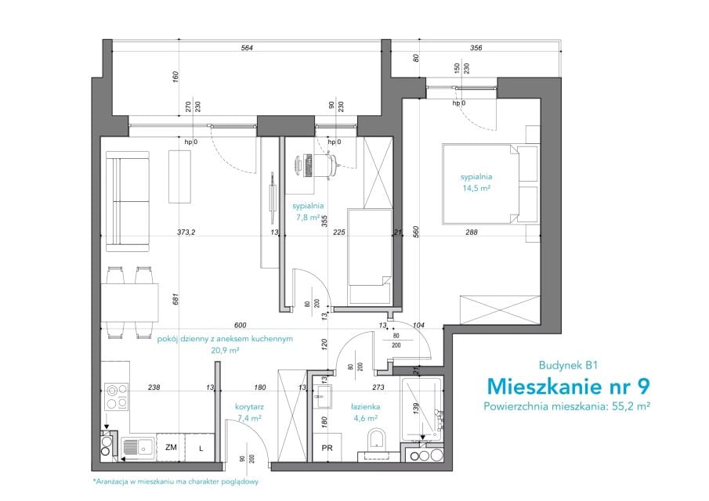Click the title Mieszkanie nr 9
[x=569, y=386]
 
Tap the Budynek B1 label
[x=568, y=365]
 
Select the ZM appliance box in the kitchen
[x=171, y=447]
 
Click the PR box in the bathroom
[x=327, y=447]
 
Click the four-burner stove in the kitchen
[x=117, y=396]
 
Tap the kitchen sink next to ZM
[x=139, y=447]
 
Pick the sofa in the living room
[x=127, y=201]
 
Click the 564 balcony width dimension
[x=247, y=48]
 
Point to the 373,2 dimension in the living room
[x=186, y=232]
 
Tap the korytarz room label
[x=249, y=406]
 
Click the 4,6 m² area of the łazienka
[x=366, y=418]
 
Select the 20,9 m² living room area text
[x=225, y=350]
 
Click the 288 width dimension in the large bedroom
[x=472, y=232]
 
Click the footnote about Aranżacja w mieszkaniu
[x=175, y=481]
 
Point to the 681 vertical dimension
[x=175, y=299]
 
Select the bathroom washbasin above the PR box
[x=324, y=396]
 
